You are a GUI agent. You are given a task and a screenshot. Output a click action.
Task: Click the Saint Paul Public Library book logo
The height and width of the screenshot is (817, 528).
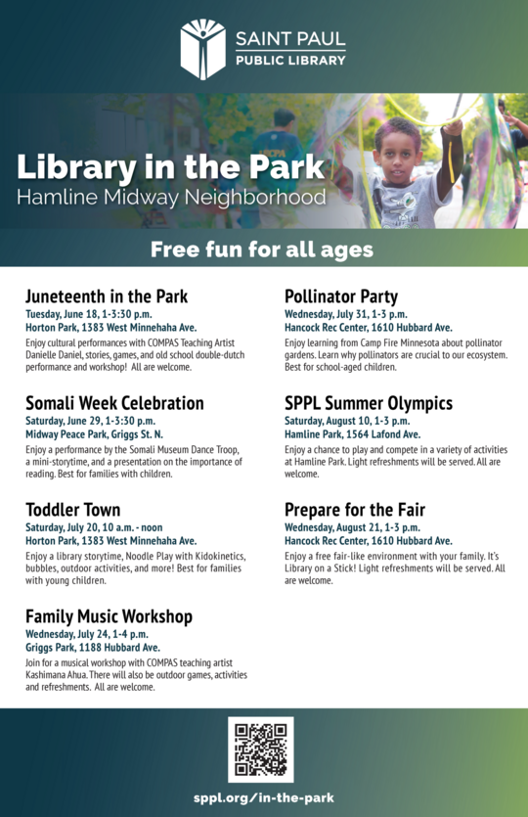202,48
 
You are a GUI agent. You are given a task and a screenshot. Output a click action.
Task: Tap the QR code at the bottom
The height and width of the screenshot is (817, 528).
261,749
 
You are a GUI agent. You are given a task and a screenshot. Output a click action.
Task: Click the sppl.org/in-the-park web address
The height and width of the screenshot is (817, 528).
263,797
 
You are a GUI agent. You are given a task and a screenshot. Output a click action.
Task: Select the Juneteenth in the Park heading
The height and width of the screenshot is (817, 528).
107,295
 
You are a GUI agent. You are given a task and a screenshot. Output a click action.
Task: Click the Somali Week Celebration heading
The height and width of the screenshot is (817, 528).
114,402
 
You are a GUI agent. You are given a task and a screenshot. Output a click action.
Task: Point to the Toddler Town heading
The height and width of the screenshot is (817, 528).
73,509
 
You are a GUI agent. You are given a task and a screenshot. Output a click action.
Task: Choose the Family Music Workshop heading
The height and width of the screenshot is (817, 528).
109,615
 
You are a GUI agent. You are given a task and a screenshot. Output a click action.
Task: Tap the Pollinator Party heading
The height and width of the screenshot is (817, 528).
340,295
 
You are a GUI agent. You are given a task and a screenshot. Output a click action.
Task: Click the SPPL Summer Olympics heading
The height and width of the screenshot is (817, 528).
369,402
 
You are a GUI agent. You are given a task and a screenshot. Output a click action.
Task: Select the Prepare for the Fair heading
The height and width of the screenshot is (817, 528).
355,509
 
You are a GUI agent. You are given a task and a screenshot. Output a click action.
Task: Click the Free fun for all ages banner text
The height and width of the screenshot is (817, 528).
262,250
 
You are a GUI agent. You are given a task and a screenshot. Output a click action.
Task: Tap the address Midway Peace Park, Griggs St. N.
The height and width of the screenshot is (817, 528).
94,433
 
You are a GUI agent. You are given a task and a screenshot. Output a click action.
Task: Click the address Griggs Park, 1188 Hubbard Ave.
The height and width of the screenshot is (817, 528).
93,647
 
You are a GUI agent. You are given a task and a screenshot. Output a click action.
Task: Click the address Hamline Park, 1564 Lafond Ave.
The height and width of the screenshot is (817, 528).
352,433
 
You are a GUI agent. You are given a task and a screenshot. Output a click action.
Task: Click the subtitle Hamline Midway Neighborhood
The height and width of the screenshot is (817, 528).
171,198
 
